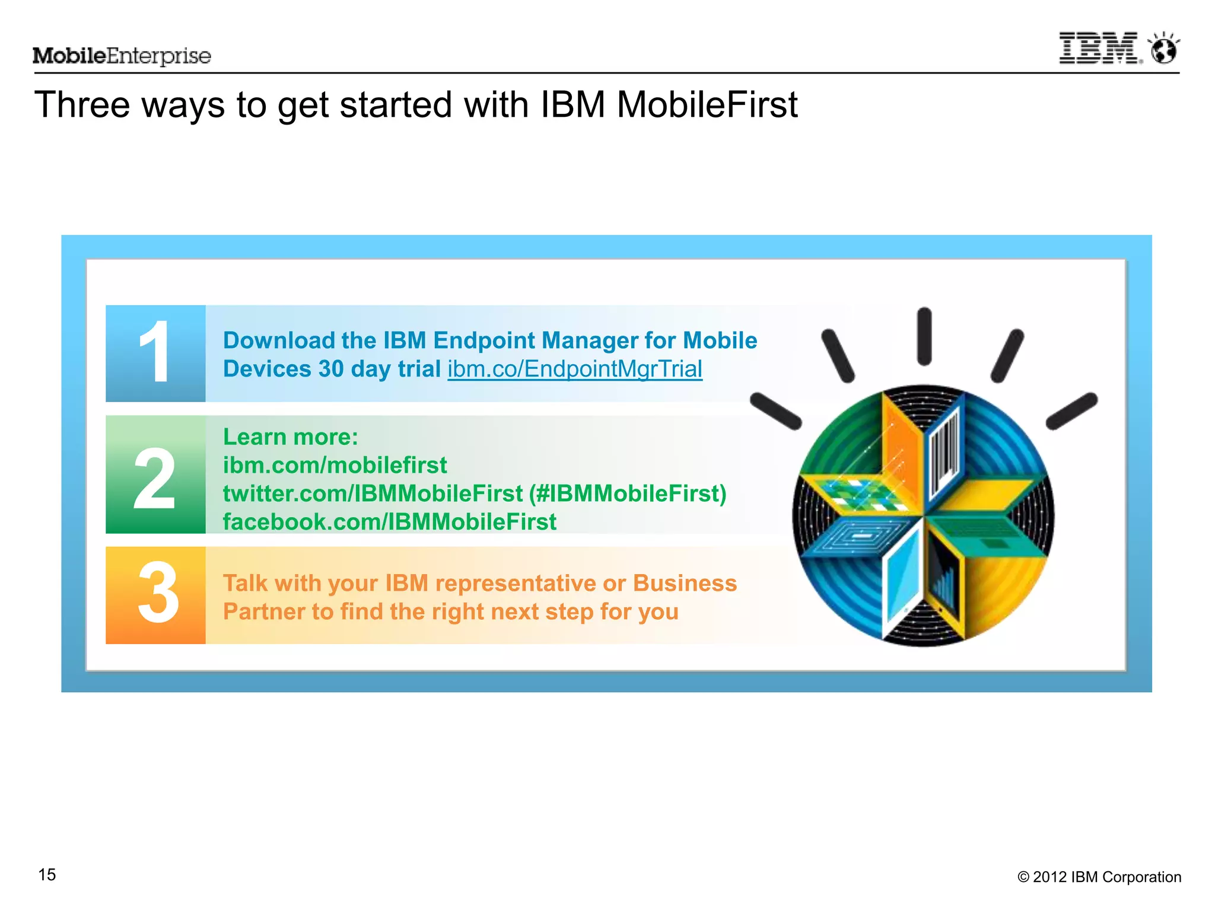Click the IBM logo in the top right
(x=1099, y=48)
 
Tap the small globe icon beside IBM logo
(x=1164, y=49)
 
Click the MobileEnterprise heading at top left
(x=122, y=56)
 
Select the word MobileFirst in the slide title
(x=707, y=105)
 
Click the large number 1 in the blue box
(x=155, y=352)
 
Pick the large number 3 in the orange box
(x=157, y=593)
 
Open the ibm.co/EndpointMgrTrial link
(x=574, y=369)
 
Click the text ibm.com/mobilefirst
(x=335, y=465)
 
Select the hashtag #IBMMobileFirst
(x=628, y=493)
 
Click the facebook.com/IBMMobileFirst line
(x=389, y=522)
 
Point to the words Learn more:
(x=290, y=437)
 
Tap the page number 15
(x=47, y=874)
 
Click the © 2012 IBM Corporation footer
(x=1099, y=877)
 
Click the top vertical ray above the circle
(x=924, y=336)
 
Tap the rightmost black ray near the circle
(x=1071, y=410)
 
